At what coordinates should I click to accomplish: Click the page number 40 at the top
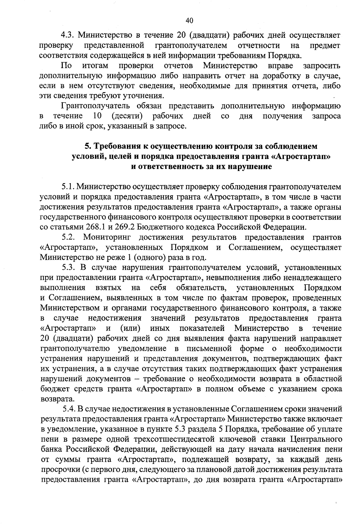pyautogui.click(x=189, y=20)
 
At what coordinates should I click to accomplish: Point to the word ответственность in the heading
pyautogui.click(x=168, y=167)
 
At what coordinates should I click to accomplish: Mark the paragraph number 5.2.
pyautogui.click(x=68, y=238)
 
